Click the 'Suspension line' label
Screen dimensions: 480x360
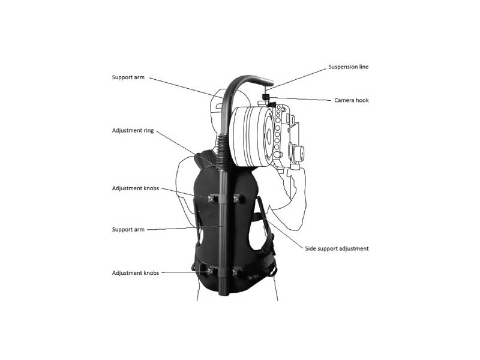349,67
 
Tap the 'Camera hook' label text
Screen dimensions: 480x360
352,100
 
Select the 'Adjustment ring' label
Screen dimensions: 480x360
133,131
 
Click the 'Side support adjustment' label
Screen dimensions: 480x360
337,248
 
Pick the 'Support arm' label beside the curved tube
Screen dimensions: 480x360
128,77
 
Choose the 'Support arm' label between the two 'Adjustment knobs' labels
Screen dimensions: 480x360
128,230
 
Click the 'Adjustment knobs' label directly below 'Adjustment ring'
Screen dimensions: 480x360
136,188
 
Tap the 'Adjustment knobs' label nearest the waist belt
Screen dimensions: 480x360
136,273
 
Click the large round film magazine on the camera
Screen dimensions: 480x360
251,136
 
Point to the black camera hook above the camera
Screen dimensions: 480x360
267,100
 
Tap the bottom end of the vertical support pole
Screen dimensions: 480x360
224,294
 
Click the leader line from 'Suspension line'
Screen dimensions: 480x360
296,79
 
